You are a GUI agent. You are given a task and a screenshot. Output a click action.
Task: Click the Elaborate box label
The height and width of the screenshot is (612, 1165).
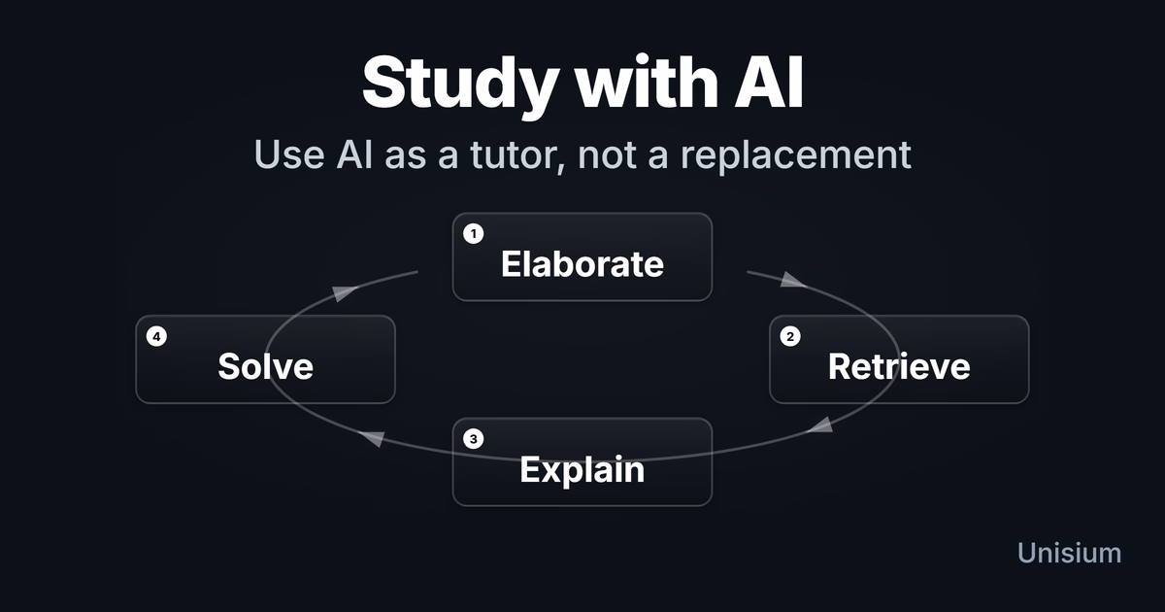tap(582, 264)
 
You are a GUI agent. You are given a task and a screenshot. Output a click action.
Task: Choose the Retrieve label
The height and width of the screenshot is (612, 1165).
tap(899, 366)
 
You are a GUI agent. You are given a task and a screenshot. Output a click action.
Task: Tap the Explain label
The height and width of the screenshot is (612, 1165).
tap(582, 469)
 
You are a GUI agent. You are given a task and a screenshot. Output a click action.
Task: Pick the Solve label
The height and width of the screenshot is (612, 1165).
tap(265, 366)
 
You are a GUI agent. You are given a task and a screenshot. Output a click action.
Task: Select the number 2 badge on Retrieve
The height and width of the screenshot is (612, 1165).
tap(790, 336)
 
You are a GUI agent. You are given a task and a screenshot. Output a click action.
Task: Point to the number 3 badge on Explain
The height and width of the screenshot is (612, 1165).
tap(474, 439)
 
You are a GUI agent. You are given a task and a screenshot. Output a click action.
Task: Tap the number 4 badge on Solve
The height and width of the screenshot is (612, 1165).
tap(156, 336)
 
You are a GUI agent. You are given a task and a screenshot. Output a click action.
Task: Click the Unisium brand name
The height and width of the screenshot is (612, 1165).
tap(1069, 553)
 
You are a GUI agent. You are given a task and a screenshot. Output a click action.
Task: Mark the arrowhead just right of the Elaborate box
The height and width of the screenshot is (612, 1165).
tap(792, 282)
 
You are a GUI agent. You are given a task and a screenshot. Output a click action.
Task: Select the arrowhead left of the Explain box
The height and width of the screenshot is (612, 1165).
tap(371, 440)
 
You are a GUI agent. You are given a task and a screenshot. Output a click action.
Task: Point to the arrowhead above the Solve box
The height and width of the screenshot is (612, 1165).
tap(342, 293)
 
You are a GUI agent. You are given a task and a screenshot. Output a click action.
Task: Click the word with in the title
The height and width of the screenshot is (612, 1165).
tap(642, 82)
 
